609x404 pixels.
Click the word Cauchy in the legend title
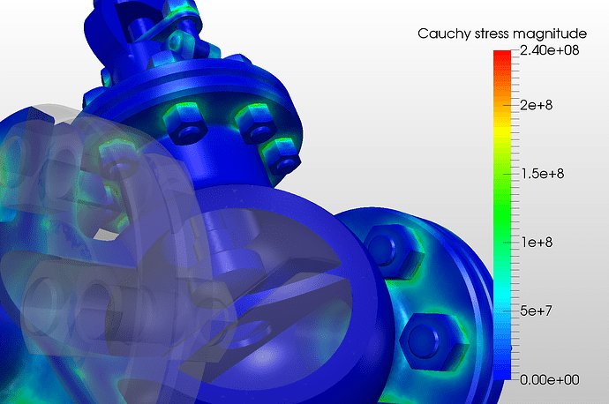444,34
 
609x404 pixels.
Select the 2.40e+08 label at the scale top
549,50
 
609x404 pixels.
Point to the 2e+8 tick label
536,105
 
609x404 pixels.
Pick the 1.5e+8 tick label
543,174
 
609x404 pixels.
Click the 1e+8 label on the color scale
537,243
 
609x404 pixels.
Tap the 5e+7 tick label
536,310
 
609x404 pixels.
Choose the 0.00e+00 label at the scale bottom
549,379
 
